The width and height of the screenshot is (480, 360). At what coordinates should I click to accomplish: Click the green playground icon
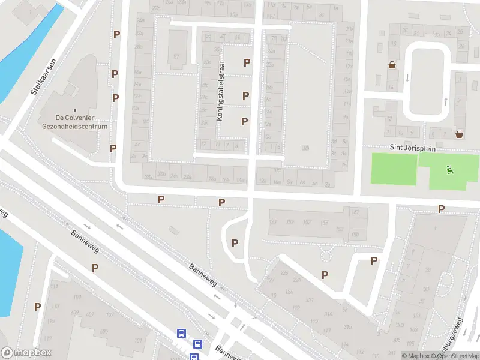pos(450,170)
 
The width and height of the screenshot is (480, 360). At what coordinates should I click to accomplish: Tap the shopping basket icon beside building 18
pos(392,65)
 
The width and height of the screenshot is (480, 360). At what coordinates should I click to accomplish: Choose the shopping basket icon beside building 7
pos(459,134)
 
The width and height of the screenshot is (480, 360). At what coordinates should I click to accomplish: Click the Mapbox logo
pos(26,353)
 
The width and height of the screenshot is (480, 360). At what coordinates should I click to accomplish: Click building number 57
pos(176,56)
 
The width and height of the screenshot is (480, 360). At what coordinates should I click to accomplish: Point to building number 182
pos(355,212)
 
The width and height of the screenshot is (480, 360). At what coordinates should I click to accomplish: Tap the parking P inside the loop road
pos(235,243)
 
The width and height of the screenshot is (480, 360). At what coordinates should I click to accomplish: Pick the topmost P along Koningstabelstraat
pos(247,62)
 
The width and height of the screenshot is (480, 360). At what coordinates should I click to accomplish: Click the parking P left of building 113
pos(37,307)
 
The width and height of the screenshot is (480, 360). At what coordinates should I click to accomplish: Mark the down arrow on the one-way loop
pos(407,77)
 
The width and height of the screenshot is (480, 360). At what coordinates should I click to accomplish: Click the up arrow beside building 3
pos(446,101)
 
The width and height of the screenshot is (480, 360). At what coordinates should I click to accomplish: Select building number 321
pos(310,301)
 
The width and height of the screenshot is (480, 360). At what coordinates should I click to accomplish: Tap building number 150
pos(355,234)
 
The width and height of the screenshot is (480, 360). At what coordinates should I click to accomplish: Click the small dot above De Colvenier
pos(75,110)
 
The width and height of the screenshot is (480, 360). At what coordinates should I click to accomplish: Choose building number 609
pos(75,313)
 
